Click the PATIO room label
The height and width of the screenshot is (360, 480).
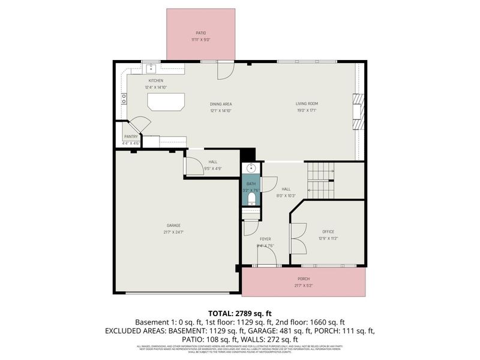click(x=200, y=32)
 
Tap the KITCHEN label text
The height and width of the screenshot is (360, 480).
click(x=155, y=80)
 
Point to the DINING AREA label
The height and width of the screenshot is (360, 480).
click(x=221, y=104)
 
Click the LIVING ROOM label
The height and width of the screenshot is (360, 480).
click(x=306, y=104)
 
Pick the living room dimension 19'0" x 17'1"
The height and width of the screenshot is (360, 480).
click(x=306, y=110)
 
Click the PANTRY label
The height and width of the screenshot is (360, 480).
click(x=131, y=137)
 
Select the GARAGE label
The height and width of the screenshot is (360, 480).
click(x=174, y=226)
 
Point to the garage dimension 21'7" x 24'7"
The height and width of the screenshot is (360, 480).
click(x=174, y=232)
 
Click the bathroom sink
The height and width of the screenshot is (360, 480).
click(x=251, y=169)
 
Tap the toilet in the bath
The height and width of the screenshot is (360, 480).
click(x=251, y=198)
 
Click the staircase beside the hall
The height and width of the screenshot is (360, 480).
click(x=320, y=181)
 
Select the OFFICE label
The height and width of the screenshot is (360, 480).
click(x=328, y=232)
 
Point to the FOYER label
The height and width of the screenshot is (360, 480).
click(x=265, y=239)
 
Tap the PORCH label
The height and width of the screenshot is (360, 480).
click(x=304, y=279)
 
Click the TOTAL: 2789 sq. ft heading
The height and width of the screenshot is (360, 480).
click(x=240, y=313)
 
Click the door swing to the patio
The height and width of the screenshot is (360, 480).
click(x=224, y=70)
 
